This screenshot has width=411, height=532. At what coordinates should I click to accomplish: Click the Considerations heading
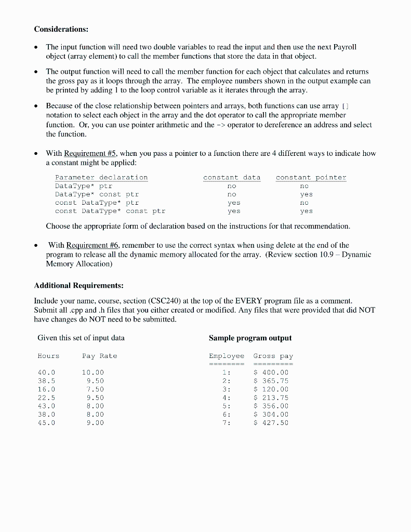click(x=61, y=29)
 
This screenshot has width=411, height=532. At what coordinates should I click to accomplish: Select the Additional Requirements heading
click(x=78, y=286)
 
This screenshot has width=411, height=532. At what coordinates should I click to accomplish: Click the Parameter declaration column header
click(x=101, y=177)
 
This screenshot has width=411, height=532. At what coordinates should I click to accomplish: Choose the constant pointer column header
click(x=311, y=177)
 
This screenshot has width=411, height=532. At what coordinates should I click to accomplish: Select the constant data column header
click(x=232, y=177)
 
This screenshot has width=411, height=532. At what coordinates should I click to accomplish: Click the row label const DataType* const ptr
click(x=110, y=211)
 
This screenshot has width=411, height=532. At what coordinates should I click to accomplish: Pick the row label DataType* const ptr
click(x=97, y=194)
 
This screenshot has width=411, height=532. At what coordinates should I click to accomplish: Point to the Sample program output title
click(x=250, y=338)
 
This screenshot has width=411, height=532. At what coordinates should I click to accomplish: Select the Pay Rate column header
click(x=100, y=356)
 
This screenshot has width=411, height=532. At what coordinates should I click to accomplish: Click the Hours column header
click(x=48, y=356)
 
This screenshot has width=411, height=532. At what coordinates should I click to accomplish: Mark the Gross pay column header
click(x=273, y=356)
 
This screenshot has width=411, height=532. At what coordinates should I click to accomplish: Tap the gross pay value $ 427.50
click(x=271, y=423)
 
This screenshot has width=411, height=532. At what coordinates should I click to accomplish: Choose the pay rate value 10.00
click(x=93, y=373)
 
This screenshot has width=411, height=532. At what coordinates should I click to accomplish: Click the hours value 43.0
click(x=46, y=406)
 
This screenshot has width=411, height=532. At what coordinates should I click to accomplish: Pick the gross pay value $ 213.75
click(x=271, y=397)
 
